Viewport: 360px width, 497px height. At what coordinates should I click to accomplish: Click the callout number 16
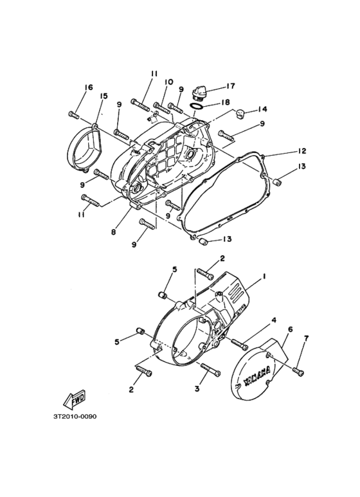click(89, 87)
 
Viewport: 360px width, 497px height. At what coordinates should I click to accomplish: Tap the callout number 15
click(104, 96)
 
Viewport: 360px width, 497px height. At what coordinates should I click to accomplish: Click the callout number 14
click(262, 109)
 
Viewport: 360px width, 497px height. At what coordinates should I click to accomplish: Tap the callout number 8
click(113, 232)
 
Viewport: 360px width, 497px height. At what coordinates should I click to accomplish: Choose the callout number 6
click(290, 329)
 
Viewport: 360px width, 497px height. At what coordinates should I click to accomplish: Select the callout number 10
click(168, 82)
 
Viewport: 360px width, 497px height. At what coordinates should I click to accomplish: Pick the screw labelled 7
click(300, 370)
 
